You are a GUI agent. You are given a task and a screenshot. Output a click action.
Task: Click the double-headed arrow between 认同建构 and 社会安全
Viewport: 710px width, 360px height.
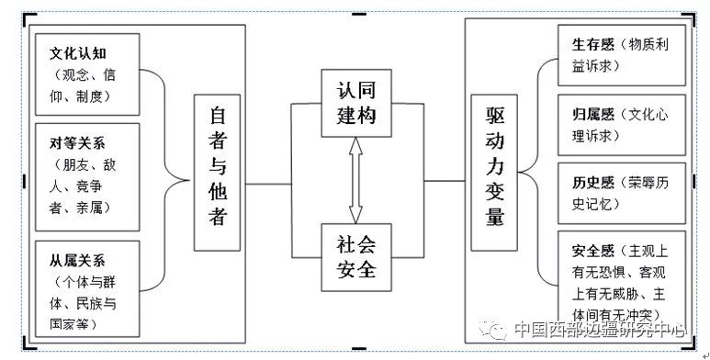tap(357, 181)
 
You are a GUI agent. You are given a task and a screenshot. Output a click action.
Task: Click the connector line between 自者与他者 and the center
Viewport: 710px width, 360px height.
tap(266, 183)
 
